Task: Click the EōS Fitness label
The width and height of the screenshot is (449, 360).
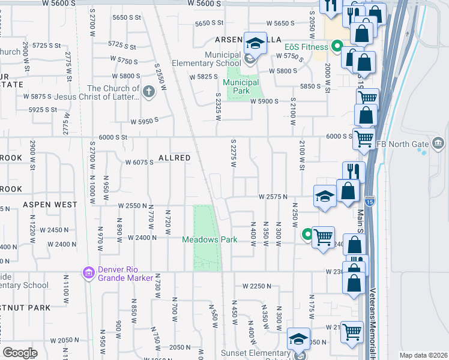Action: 306,47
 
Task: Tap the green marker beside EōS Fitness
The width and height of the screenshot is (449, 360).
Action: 337,46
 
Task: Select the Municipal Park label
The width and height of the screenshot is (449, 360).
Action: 242,86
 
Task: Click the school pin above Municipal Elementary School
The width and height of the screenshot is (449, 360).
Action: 255,43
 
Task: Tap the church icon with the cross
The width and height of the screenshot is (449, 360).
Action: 148,92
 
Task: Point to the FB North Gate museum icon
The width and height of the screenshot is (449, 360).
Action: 438,143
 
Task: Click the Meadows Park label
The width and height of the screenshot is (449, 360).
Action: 210,239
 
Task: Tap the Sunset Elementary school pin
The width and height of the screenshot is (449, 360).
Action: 298,340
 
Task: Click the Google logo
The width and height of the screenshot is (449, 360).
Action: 20,353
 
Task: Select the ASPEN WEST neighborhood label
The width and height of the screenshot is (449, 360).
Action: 50,205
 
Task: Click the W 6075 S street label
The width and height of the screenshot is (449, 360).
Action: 140,162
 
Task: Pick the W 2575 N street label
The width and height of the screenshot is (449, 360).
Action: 273,197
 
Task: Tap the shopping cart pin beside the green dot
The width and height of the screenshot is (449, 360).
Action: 323,237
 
